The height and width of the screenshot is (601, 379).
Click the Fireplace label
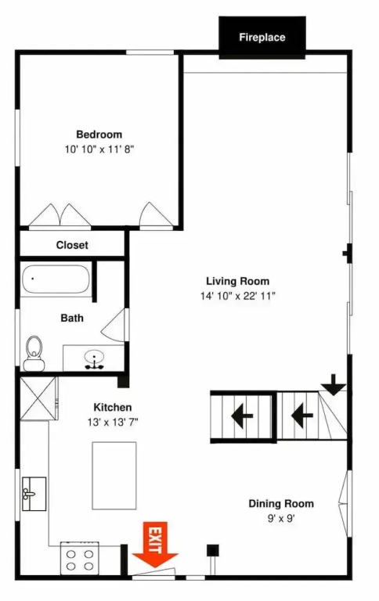262,38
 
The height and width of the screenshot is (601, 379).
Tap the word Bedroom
99,135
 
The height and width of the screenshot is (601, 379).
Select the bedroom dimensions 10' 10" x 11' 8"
99,149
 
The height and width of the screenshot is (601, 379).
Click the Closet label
72,245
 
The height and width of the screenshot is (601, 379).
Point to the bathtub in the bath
56,279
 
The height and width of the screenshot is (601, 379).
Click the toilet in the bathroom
34,354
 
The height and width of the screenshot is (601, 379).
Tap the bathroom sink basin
94,357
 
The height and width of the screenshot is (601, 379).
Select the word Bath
72,318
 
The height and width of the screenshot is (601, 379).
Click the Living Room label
238,281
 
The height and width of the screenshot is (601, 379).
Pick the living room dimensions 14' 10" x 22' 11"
238,296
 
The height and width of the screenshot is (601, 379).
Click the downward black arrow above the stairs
334,384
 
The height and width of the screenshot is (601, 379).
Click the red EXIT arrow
155,545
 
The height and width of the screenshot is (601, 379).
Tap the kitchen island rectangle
114,476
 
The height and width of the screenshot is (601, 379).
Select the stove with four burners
80,559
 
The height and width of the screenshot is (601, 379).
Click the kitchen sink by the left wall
34,494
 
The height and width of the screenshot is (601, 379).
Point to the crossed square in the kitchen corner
38,398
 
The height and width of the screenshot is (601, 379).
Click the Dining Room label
281,504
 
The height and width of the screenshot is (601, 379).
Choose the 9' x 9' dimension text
281,519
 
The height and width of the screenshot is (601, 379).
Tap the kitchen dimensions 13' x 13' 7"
113,422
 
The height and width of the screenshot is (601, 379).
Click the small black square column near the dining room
213,550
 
